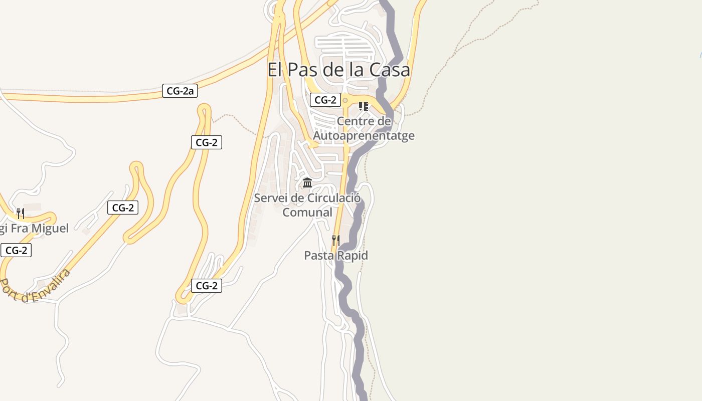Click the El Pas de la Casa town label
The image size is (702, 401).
pos(338,70)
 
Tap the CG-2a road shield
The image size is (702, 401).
pos(180,91)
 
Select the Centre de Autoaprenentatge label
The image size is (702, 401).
pos(364,128)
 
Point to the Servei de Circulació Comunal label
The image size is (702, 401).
pos(307,205)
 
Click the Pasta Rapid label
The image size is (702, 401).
pos(336,256)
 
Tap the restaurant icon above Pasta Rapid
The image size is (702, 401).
pos(335,241)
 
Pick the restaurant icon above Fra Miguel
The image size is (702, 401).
pos(20,214)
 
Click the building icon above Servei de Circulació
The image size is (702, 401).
pos(307,182)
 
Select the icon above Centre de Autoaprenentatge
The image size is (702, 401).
pos(364,106)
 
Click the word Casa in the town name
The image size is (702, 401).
pos(390,70)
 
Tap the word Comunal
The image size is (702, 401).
pos(307,213)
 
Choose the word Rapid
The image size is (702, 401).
pos(352,256)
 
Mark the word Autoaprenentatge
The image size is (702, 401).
pos(364,136)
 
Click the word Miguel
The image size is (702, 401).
pos(50,229)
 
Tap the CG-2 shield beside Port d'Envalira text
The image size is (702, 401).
pos(16,250)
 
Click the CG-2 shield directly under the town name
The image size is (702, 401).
pos(325,100)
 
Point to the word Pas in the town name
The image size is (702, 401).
pos(300,70)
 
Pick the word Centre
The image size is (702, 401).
pos(357,121)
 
